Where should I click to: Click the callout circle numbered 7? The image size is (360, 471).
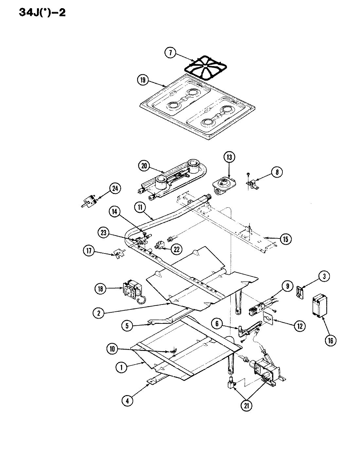(171, 53)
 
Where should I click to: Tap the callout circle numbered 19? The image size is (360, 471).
(143, 80)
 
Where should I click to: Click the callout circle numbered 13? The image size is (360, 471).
(229, 158)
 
